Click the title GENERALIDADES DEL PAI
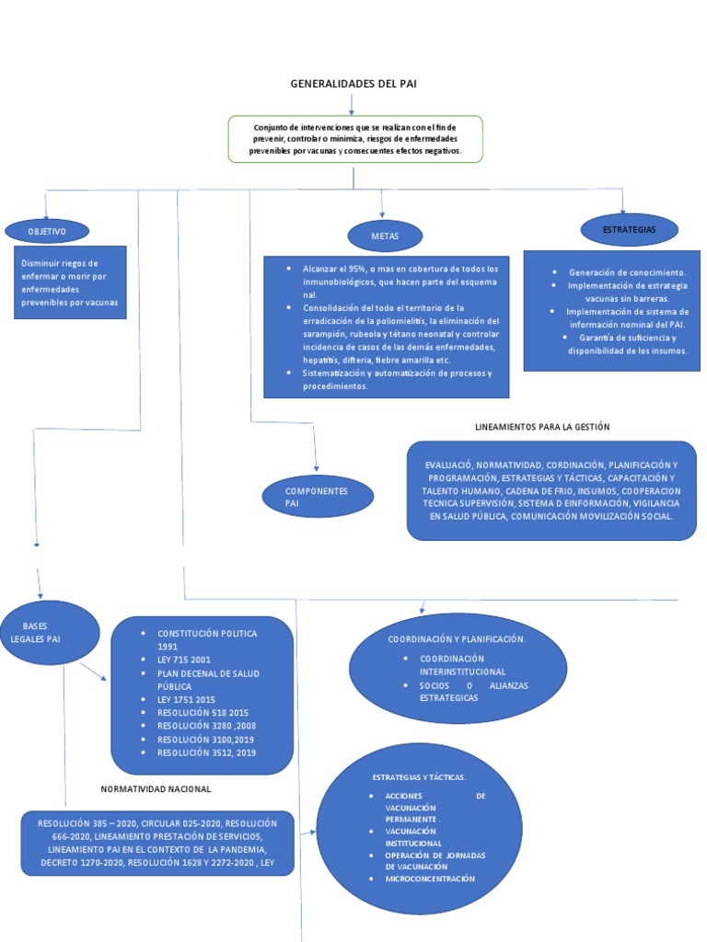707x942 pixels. click(353, 84)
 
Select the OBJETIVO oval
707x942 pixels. click(47, 231)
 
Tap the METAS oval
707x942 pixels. click(385, 236)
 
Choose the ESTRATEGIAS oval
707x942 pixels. click(629, 230)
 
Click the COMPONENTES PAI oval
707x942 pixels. click(317, 497)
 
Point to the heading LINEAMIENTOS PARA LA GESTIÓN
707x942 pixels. click(542, 427)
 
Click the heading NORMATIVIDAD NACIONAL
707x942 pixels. click(156, 789)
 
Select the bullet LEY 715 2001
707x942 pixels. click(183, 661)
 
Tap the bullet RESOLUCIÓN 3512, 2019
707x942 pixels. click(207, 752)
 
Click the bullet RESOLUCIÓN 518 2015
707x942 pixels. click(203, 713)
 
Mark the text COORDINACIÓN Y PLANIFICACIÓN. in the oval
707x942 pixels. click(457, 638)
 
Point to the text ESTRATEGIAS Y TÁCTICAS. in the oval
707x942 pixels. click(419, 777)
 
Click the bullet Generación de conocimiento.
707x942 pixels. click(627, 273)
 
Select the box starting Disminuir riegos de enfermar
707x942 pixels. click(70, 282)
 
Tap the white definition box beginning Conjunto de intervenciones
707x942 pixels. click(355, 138)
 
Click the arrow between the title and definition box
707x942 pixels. click(352, 103)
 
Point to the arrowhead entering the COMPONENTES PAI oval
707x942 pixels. click(316, 468)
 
